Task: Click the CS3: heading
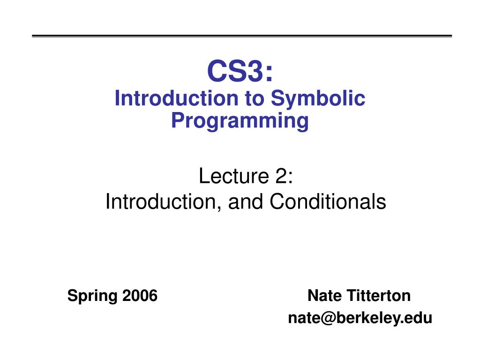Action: [x=240, y=71]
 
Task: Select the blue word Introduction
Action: [x=176, y=98]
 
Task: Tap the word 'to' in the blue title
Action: [x=255, y=98]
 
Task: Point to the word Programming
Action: [x=240, y=121]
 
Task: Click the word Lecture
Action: [x=234, y=176]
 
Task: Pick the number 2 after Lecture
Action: [x=281, y=176]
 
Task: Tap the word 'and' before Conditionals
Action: [x=246, y=202]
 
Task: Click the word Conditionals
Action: [x=328, y=202]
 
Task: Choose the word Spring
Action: [x=92, y=296]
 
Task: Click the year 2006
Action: [x=140, y=296]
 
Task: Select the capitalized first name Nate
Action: [x=324, y=296]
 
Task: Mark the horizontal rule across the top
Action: [x=242, y=36]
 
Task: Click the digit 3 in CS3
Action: [x=253, y=71]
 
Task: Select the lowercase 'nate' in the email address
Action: [x=304, y=318]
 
